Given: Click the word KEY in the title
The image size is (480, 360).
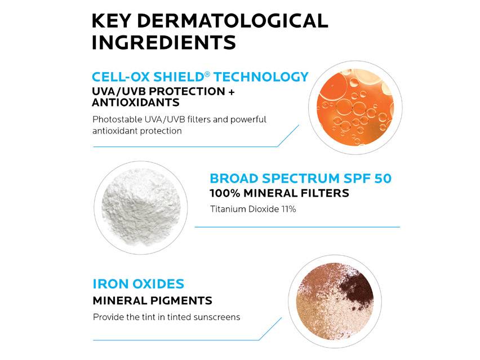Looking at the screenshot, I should [x=111, y=21].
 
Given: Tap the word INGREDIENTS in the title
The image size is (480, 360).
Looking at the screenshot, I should [x=163, y=42].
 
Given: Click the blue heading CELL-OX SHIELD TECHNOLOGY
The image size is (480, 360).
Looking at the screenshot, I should [x=200, y=77].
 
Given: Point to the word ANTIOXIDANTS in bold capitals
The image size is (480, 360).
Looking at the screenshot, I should [x=136, y=103].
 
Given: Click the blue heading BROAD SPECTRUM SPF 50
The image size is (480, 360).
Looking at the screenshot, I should [x=301, y=179].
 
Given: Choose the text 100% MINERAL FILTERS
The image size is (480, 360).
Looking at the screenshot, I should [x=279, y=193].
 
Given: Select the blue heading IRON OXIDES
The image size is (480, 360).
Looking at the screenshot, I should [x=138, y=284].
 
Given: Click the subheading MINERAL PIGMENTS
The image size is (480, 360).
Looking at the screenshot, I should [x=152, y=300].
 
